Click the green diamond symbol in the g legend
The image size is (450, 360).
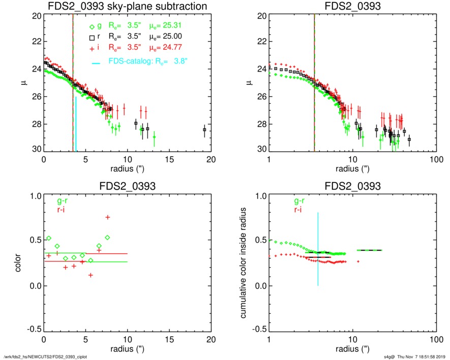[91, 26]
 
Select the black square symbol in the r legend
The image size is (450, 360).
[91, 38]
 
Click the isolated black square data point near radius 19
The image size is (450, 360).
[204, 130]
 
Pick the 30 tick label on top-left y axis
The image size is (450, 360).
[37, 149]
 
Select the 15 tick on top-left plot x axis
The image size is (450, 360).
[169, 159]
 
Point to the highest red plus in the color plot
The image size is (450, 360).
[108, 217]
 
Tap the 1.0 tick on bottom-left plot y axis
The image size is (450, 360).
[35, 196]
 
